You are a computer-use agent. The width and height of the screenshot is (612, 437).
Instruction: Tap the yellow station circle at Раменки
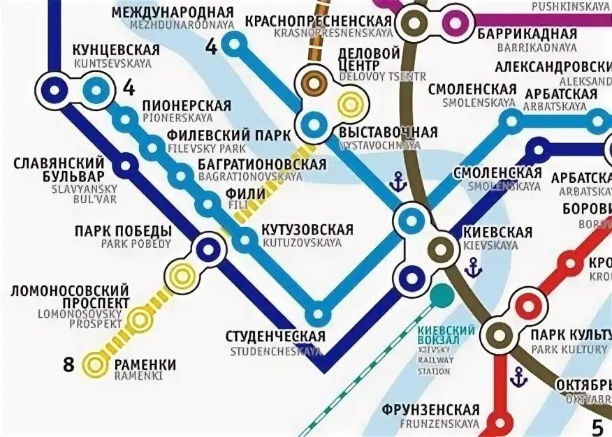pyautogui.click(x=94, y=364)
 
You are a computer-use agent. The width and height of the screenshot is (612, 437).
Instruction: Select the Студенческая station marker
pyautogui.click(x=318, y=313)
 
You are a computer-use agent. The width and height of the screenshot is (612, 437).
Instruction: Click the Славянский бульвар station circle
pyautogui.click(x=126, y=166)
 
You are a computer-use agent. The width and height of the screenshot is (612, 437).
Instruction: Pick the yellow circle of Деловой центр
pyautogui.click(x=349, y=105)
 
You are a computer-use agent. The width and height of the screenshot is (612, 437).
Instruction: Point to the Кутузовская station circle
pyautogui.click(x=245, y=241)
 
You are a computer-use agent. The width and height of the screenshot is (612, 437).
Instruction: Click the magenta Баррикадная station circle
pyautogui.click(x=455, y=22)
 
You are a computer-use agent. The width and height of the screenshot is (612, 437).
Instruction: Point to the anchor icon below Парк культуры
pyautogui.click(x=518, y=378)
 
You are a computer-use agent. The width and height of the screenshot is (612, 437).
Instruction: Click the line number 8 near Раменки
pyautogui.click(x=68, y=364)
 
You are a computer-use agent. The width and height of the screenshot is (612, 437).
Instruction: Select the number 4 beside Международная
pyautogui.click(x=211, y=47)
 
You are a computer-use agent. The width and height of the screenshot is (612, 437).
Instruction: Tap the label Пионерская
pyautogui.click(x=187, y=105)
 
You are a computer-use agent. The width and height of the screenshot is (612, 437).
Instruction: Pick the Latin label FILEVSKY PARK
pyautogui.click(x=207, y=149)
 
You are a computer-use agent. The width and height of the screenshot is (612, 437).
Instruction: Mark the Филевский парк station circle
pyautogui.click(x=152, y=147)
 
